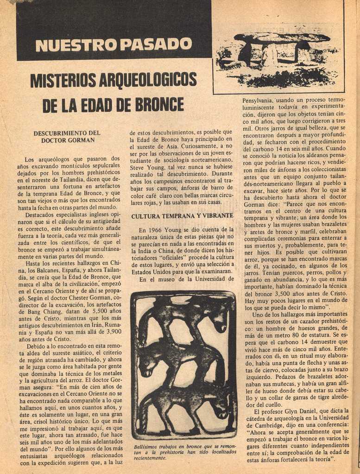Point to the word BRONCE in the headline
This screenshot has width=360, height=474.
(x=159, y=105)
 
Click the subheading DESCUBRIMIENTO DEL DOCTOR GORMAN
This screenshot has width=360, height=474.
(x=67, y=137)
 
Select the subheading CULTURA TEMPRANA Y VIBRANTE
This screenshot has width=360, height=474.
(x=182, y=216)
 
